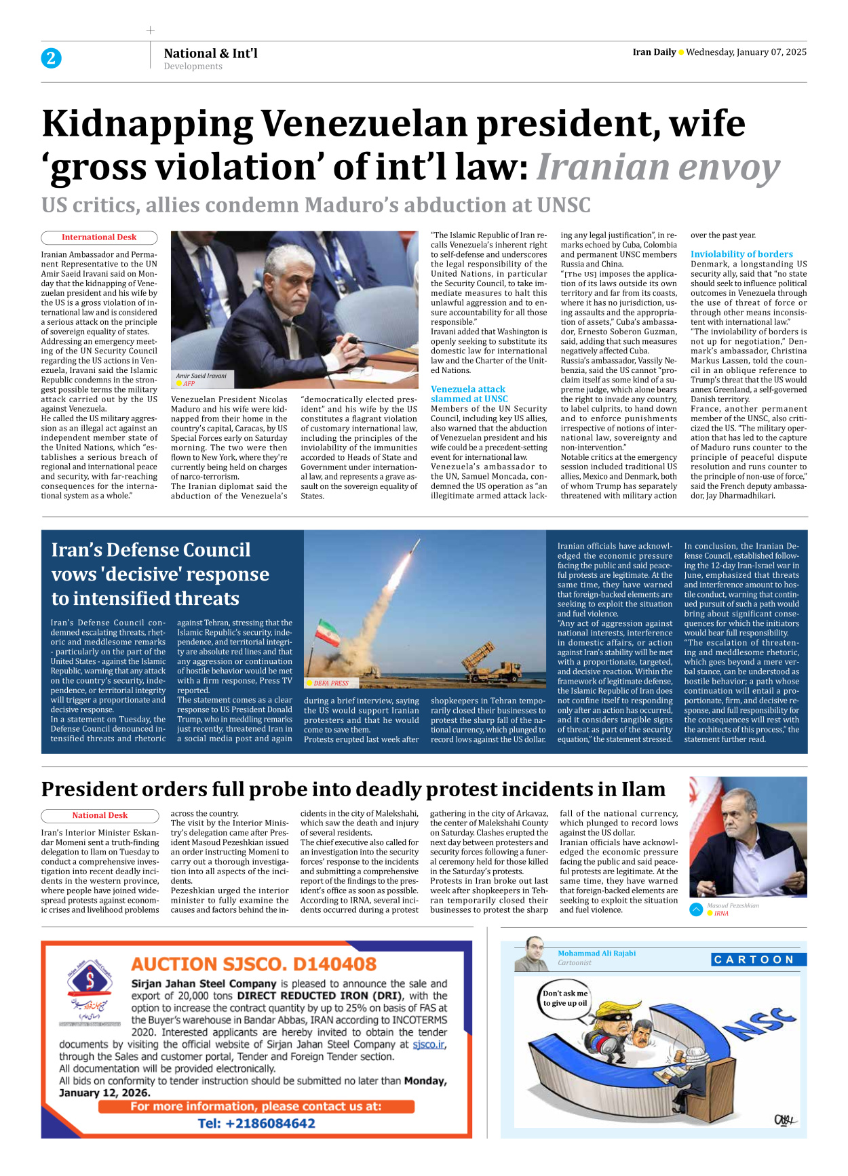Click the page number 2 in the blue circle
[x=51, y=58]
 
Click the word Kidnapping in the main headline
[x=148, y=125]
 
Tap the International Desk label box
[x=99, y=237]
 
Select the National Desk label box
[x=99, y=815]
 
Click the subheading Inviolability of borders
[x=741, y=254]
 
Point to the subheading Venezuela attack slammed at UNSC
[x=469, y=394]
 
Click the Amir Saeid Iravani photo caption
[x=201, y=376]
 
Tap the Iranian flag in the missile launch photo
[x=326, y=633]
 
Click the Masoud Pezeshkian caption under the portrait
[x=733, y=905]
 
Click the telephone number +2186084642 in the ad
[x=256, y=1123]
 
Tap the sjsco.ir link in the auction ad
[x=429, y=1044]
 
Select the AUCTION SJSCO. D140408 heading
[x=254, y=964]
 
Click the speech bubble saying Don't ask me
[x=565, y=998]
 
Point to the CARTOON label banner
[x=758, y=959]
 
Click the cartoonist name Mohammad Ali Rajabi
[x=596, y=953]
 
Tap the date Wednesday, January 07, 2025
[x=746, y=52]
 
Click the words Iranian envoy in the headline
[x=657, y=168]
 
